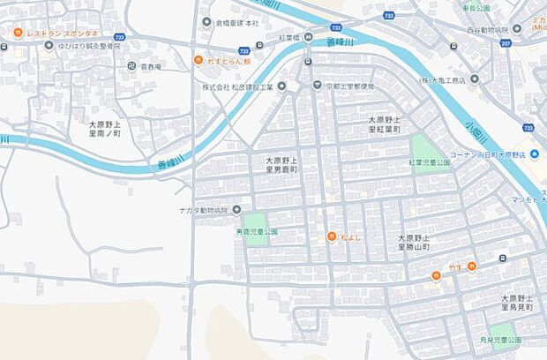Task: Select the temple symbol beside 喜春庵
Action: tap(131, 65)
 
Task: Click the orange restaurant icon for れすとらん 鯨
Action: tap(199, 60)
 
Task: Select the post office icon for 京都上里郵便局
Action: tap(317, 86)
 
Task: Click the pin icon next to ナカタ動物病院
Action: tap(236, 210)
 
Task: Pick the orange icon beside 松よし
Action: tap(331, 236)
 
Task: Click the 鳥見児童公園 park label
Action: tap(500, 340)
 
